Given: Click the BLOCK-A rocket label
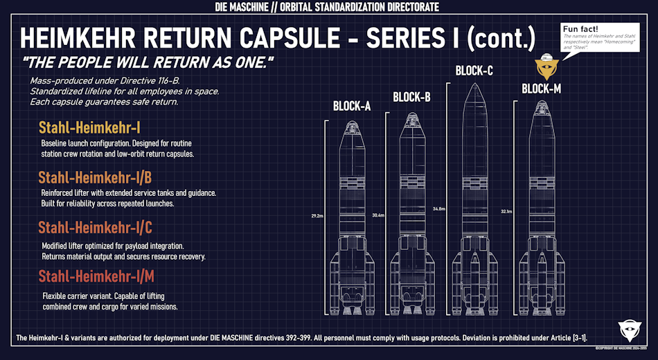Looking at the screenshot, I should coord(352,106).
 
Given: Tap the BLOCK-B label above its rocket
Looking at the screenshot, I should coord(411,97).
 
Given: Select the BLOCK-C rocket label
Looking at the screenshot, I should coord(474,71).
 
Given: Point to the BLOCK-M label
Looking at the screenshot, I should coord(542,89).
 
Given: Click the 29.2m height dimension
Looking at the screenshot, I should coord(318,216).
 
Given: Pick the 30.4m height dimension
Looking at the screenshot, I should coord(379,215).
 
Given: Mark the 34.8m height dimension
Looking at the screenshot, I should coord(438,208).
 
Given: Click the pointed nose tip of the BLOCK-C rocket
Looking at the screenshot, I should coord(474,84).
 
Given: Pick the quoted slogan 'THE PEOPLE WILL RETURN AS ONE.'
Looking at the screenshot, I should coord(148,62).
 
